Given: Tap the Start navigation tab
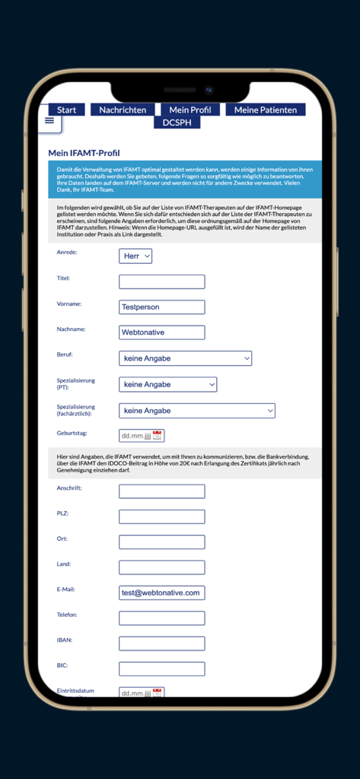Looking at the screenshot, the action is pyautogui.click(x=66, y=110).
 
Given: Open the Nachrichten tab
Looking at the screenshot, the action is pyautogui.click(x=123, y=110).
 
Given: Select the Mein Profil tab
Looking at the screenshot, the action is pyautogui.click(x=190, y=110).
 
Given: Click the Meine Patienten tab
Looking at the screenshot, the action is pyautogui.click(x=265, y=110).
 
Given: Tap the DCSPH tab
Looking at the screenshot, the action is pyautogui.click(x=177, y=122).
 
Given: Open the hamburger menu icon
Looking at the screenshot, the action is pyautogui.click(x=49, y=120).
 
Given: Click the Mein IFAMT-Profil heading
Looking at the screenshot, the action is pyautogui.click(x=84, y=153).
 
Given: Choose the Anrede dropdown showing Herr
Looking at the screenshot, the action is pyautogui.click(x=135, y=256).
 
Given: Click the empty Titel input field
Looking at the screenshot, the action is pyautogui.click(x=161, y=281).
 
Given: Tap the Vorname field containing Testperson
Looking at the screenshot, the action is pyautogui.click(x=161, y=307).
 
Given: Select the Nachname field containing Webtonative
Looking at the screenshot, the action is pyautogui.click(x=161, y=332).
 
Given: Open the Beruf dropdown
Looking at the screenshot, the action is pyautogui.click(x=185, y=358).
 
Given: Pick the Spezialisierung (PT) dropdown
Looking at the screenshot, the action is pyautogui.click(x=167, y=385).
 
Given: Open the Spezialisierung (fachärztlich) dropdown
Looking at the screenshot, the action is pyautogui.click(x=196, y=411).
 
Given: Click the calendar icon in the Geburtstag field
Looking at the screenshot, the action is pyautogui.click(x=158, y=436).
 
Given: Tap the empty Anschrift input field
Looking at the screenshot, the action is pyautogui.click(x=161, y=491).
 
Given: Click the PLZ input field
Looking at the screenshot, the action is pyautogui.click(x=161, y=517).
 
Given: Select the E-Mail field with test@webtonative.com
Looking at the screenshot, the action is pyautogui.click(x=161, y=593).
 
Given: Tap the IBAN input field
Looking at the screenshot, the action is pyautogui.click(x=161, y=644).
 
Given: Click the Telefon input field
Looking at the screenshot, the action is pyautogui.click(x=161, y=618).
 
